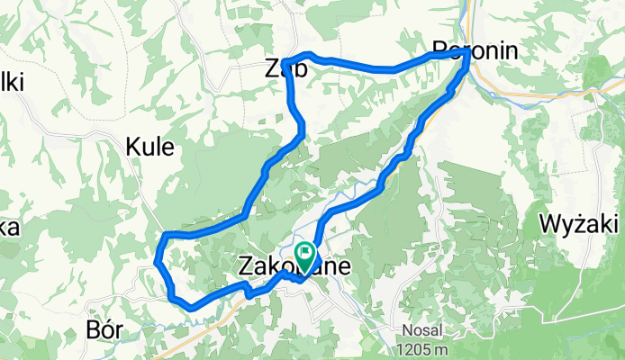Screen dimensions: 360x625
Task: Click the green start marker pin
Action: [x=304, y=255]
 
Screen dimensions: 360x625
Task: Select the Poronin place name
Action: [x=476, y=50]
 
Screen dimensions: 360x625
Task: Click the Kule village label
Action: [x=149, y=147]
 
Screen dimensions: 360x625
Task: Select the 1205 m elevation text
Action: [x=424, y=349]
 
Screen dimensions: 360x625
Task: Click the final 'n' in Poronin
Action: [x=512, y=50]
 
